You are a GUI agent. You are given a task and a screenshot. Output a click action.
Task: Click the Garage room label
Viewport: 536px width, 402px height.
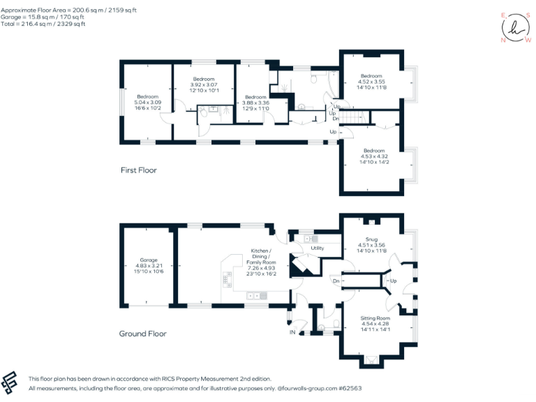coord(147,260)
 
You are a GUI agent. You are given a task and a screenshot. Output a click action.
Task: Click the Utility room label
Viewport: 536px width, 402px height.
coord(318,248)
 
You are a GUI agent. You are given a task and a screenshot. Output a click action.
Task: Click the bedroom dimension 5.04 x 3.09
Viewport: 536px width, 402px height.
coord(148,103)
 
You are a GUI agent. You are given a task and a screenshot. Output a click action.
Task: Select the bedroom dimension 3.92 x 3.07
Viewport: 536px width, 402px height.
coord(203,84)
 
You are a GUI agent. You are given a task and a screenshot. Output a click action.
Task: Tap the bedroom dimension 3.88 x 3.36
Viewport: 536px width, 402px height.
coord(255,103)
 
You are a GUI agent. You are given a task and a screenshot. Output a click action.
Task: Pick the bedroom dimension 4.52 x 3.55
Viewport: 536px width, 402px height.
coord(371,81)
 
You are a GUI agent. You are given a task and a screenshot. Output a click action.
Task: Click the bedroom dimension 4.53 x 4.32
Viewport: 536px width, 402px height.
coord(373,156)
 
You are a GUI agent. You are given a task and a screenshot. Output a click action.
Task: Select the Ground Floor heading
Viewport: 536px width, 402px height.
coord(143,334)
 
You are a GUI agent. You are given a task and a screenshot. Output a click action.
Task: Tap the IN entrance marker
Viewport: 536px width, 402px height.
coord(293,332)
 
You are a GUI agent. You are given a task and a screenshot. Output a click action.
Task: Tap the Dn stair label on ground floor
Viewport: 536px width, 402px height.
coord(336,281)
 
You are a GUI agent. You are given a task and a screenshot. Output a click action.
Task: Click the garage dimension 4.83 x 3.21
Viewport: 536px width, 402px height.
coord(147,265)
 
